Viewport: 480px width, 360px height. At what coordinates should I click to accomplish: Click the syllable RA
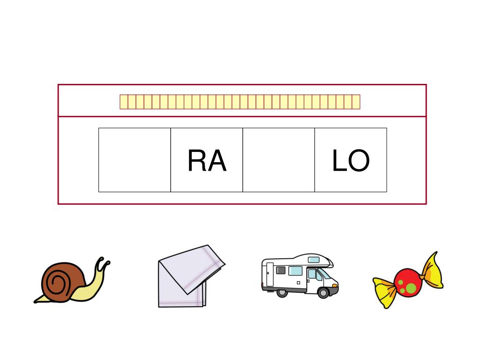click(x=207, y=161)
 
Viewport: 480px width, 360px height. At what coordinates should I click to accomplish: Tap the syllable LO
click(x=351, y=161)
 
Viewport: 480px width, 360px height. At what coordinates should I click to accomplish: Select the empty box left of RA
click(x=135, y=160)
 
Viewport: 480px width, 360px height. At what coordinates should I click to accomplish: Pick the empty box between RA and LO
click(x=278, y=160)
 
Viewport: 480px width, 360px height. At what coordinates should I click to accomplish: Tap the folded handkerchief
click(x=187, y=277)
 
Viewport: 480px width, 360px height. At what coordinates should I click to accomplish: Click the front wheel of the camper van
click(x=323, y=293)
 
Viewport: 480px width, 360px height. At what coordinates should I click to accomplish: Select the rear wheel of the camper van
click(x=282, y=292)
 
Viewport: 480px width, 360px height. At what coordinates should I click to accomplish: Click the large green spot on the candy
click(x=411, y=286)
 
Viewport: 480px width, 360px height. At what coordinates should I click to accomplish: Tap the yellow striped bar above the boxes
click(x=240, y=102)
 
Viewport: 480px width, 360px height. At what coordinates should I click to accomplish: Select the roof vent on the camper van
click(x=314, y=260)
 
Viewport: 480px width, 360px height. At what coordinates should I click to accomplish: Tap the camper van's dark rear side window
click(x=281, y=270)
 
